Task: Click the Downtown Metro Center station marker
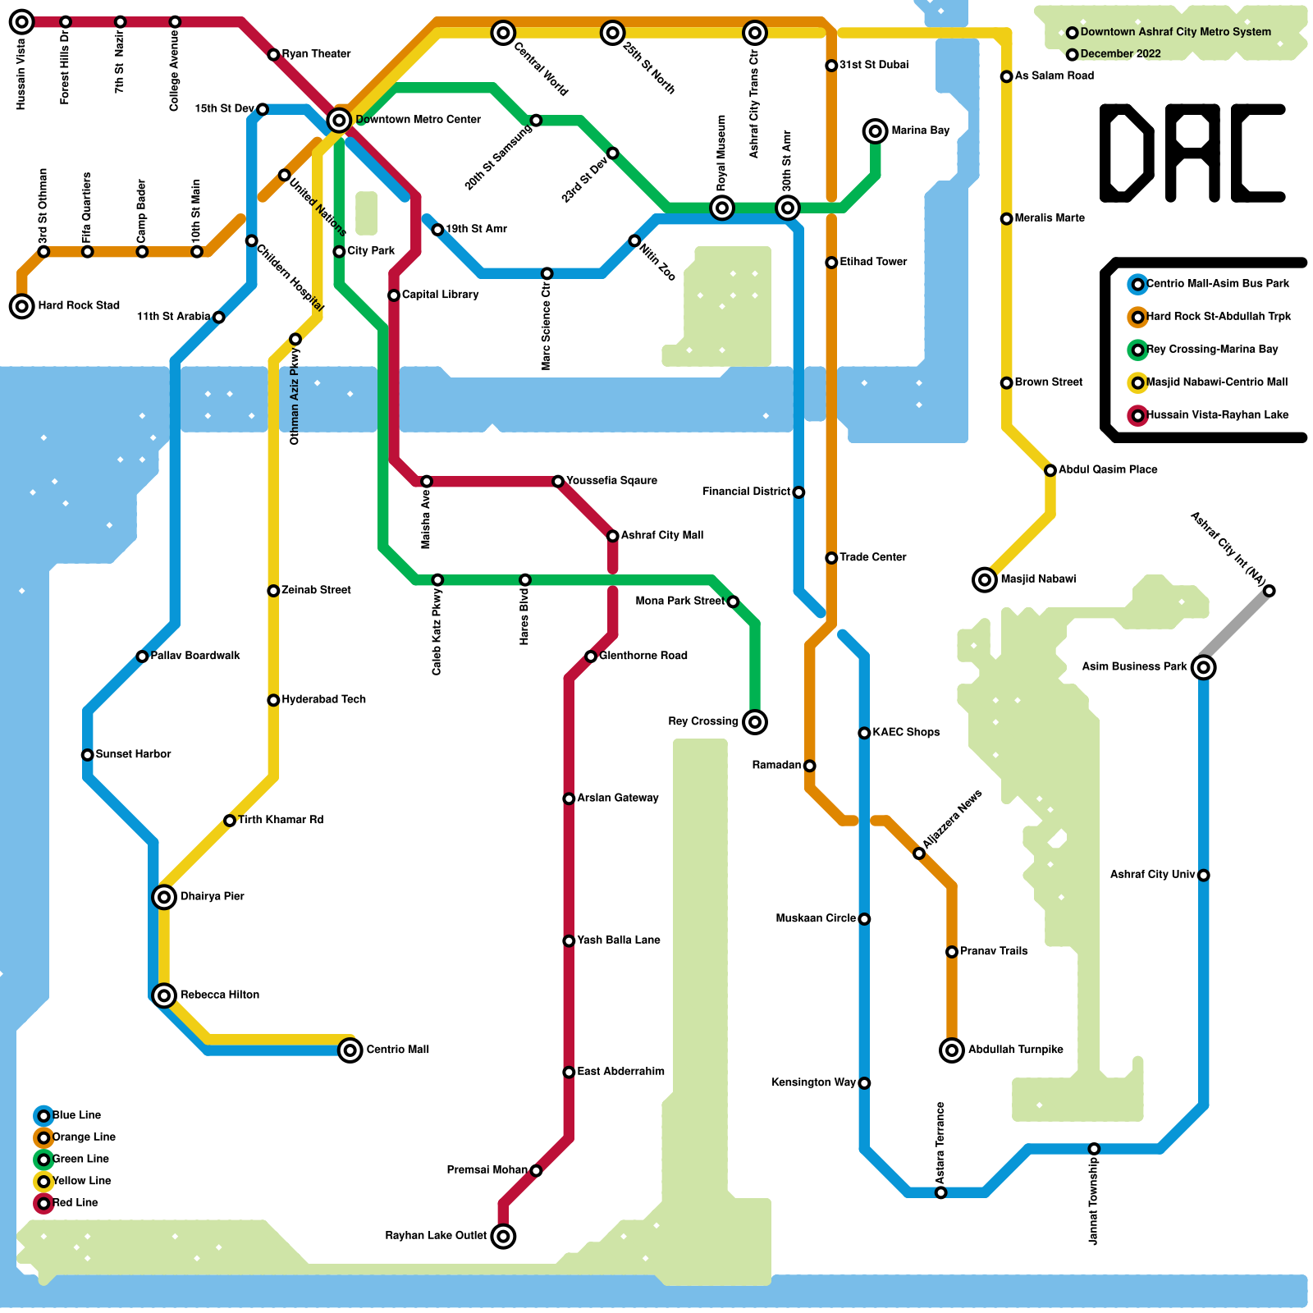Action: (339, 121)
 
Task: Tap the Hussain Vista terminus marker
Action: (22, 22)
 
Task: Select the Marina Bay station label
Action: (920, 130)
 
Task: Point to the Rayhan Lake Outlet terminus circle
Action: (503, 1236)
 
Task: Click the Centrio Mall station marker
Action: (350, 1050)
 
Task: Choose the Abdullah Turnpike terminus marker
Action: (952, 1050)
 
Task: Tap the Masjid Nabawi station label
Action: (1037, 579)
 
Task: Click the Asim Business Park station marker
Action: (1203, 667)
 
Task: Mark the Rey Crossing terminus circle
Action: (755, 722)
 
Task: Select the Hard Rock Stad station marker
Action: (22, 306)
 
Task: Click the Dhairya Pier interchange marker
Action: (164, 897)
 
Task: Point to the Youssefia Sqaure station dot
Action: (558, 481)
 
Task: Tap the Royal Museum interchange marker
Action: (722, 208)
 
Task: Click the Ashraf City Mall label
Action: (661, 535)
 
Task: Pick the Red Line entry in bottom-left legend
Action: (75, 1203)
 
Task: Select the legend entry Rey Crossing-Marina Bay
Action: (1211, 350)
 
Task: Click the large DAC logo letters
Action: (1192, 153)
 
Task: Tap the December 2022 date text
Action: (1120, 54)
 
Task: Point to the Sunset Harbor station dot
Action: (88, 755)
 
